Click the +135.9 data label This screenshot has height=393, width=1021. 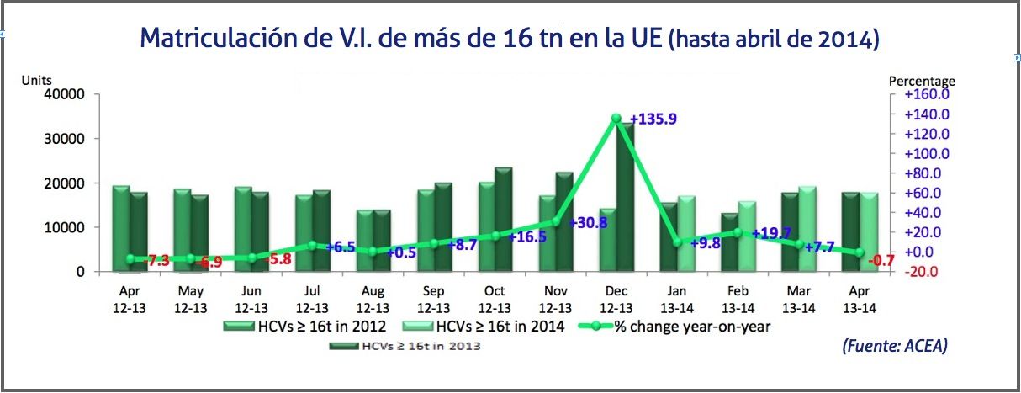[653, 119]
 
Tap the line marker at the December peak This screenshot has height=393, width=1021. [616, 119]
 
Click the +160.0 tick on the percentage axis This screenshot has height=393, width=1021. [927, 94]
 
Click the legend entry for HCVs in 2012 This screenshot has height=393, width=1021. [316, 326]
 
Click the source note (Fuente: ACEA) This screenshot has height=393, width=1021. [894, 345]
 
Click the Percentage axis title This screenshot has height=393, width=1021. [923, 81]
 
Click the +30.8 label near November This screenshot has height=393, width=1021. [587, 223]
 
